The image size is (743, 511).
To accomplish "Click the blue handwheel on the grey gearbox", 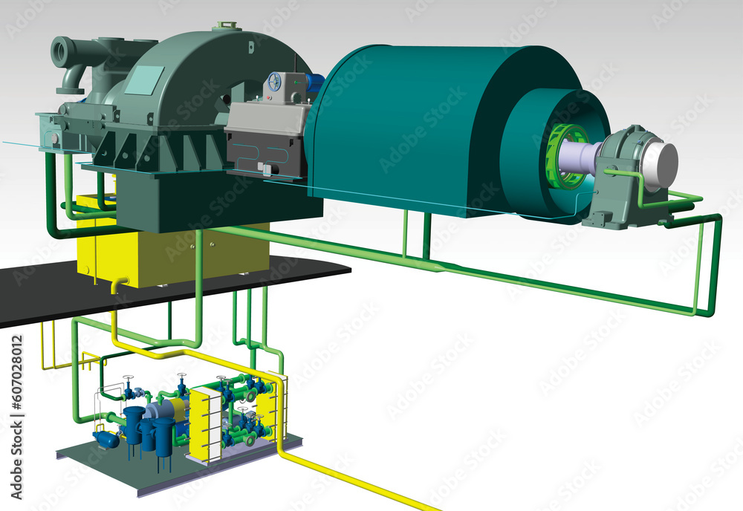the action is (275, 83).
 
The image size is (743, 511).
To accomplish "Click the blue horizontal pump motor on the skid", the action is (106, 439).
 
